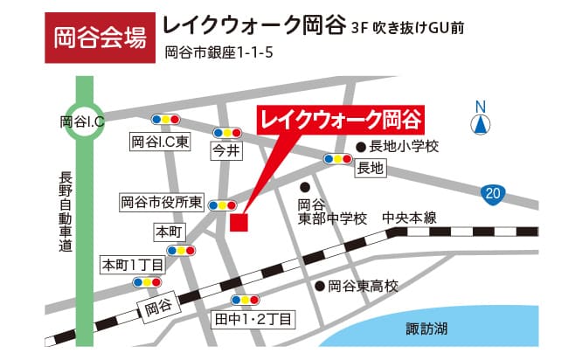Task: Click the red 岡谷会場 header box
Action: (x=94, y=38)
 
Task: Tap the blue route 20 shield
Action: (x=494, y=192)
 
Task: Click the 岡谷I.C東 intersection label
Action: (x=160, y=142)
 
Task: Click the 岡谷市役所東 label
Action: (x=162, y=203)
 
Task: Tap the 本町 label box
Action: (x=167, y=232)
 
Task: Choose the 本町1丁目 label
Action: (x=133, y=264)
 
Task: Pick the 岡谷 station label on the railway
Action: (x=158, y=307)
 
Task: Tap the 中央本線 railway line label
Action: (x=409, y=218)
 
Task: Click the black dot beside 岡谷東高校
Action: (x=320, y=286)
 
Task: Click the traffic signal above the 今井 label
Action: (x=227, y=132)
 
